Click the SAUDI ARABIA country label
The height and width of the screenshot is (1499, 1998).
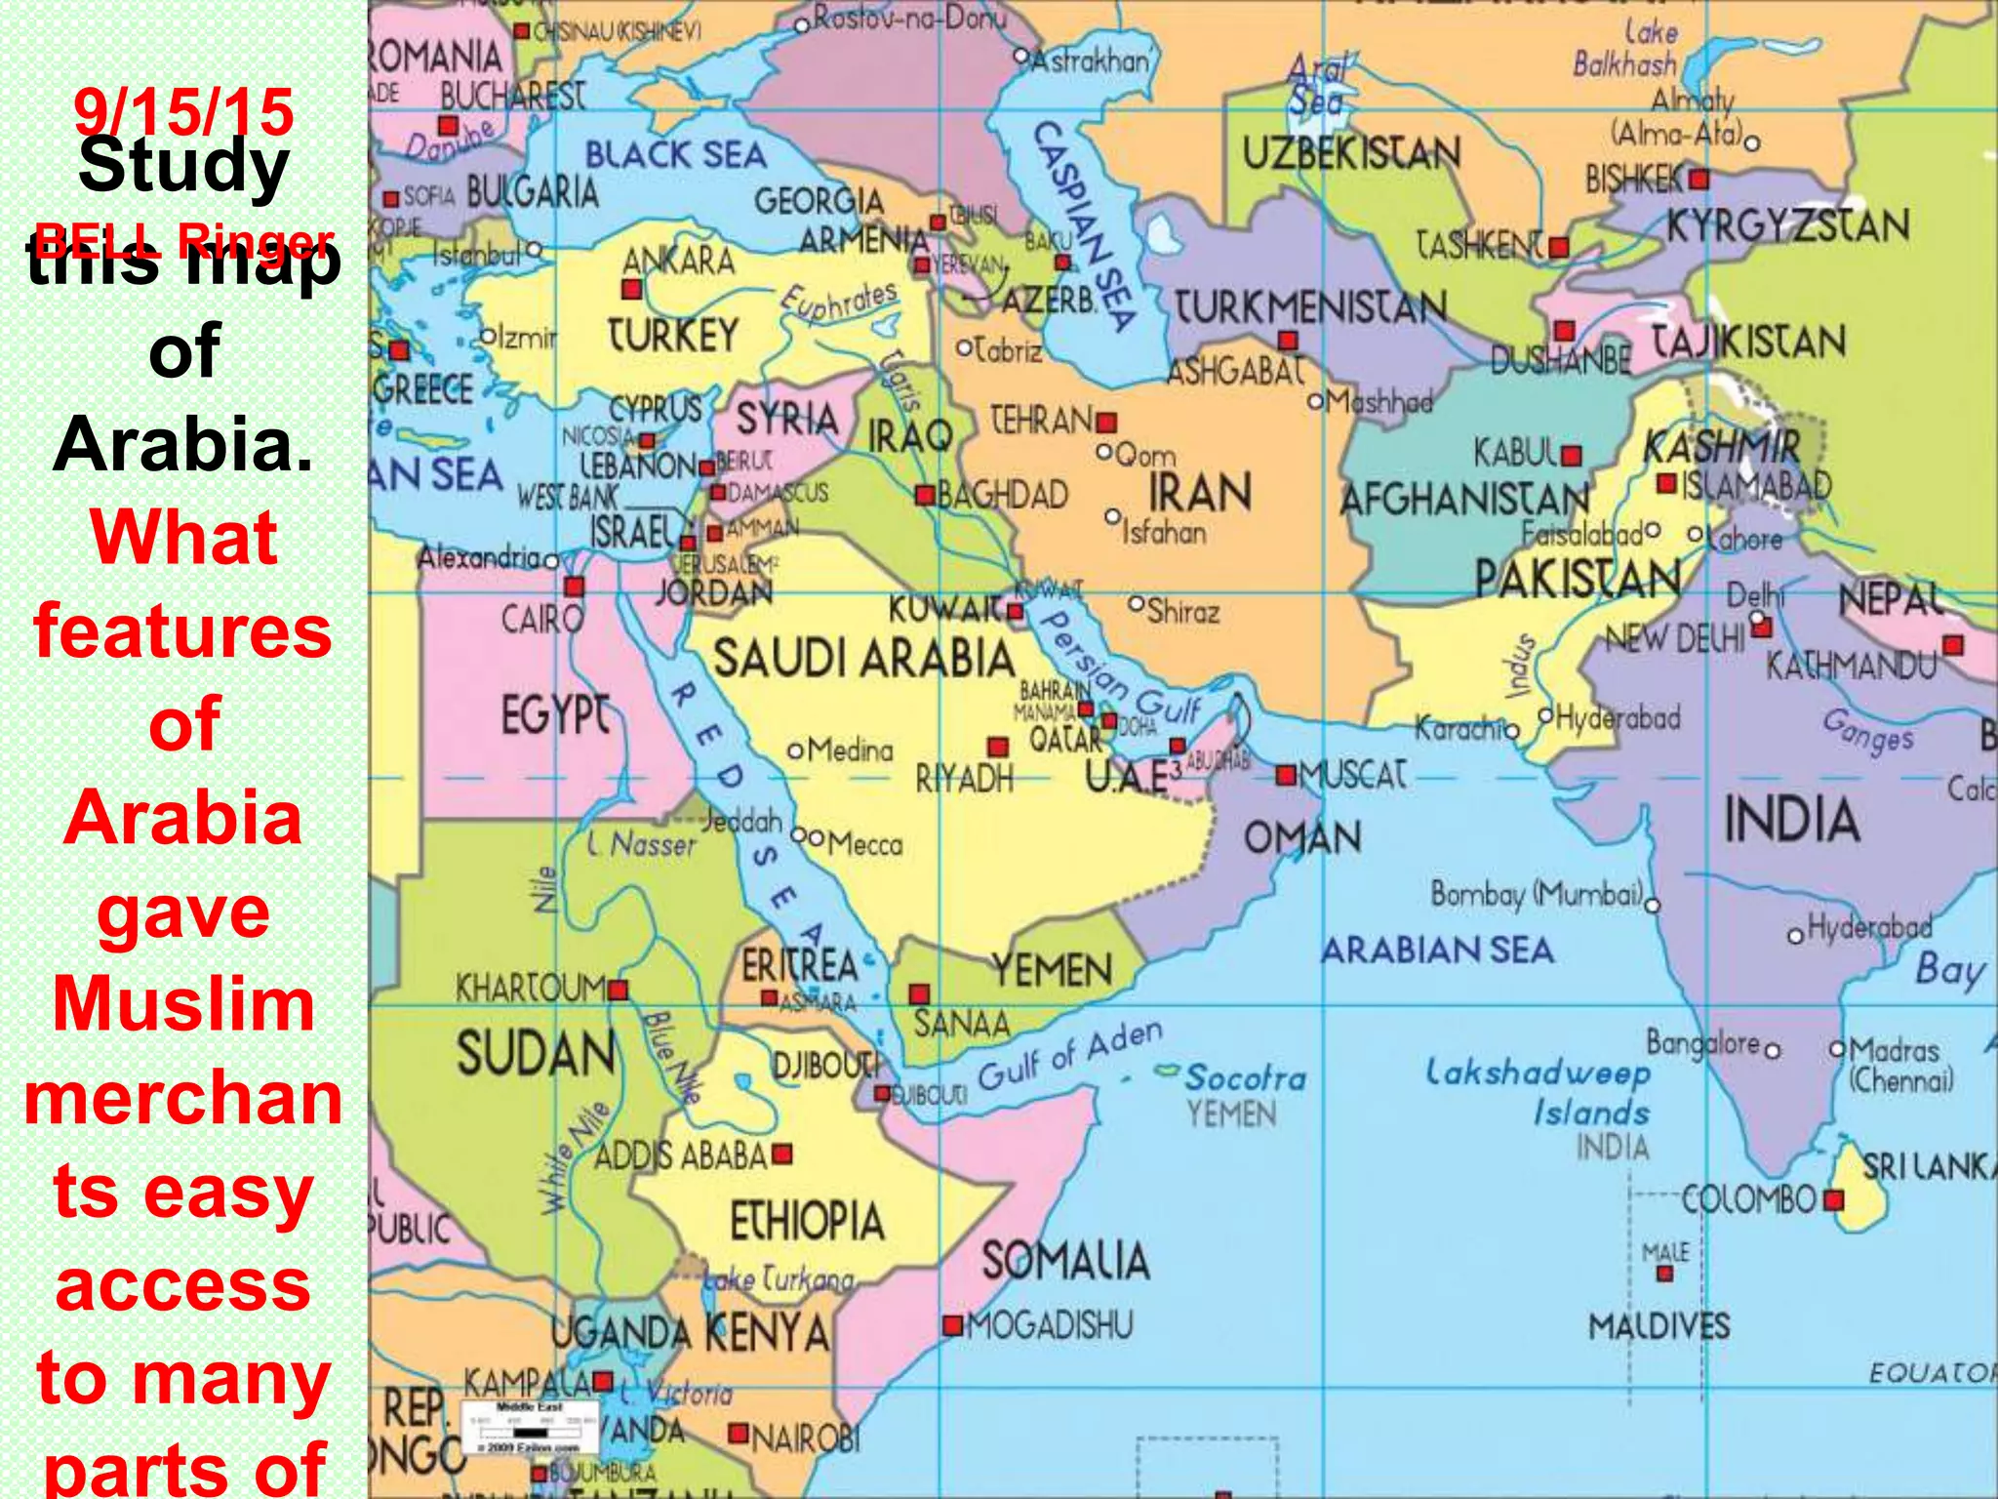click(x=863, y=659)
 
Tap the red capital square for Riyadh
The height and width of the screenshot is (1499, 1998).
click(x=997, y=748)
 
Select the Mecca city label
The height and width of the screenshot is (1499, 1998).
click(x=864, y=843)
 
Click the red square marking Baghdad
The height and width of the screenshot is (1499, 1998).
click(x=925, y=495)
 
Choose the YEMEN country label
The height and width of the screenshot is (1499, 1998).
click(x=1052, y=970)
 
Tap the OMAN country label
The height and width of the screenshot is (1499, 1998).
click(x=1301, y=837)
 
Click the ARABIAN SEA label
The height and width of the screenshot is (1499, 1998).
click(x=1437, y=950)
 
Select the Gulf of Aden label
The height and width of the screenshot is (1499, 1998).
click(x=1070, y=1055)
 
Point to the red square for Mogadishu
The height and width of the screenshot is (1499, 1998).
click(x=952, y=1325)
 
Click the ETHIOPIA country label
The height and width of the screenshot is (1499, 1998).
click(x=807, y=1221)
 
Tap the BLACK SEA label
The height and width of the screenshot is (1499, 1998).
click(x=675, y=155)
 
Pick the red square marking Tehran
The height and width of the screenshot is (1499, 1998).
click(x=1105, y=423)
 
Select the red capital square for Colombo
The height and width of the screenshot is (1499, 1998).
click(x=1833, y=1198)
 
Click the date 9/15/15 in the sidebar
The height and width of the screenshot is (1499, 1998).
click(x=183, y=111)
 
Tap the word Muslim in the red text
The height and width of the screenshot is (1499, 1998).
click(x=183, y=1004)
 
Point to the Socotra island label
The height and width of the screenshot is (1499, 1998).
click(x=1245, y=1077)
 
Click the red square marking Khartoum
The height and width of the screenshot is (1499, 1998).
click(x=618, y=991)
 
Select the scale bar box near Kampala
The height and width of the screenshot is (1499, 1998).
click(x=530, y=1427)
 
